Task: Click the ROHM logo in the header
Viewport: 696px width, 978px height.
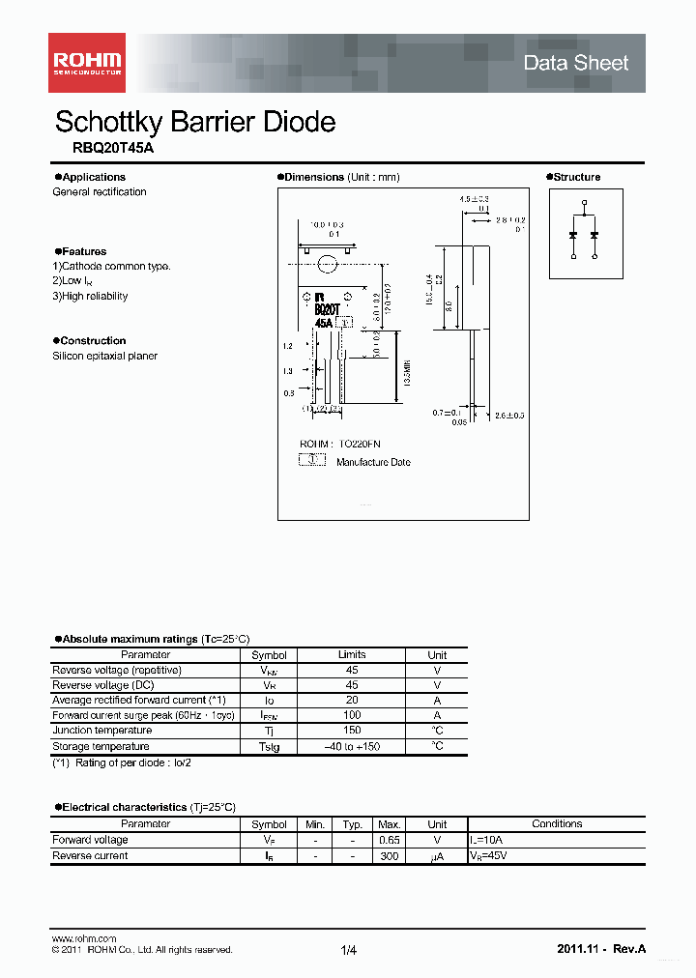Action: [86, 63]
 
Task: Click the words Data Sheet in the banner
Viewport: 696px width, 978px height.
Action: [575, 63]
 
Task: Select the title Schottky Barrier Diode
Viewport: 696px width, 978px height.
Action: [195, 122]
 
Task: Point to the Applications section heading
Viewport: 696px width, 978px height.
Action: [93, 177]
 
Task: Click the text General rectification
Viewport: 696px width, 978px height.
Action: [100, 191]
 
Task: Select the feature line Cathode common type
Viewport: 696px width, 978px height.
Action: [112, 266]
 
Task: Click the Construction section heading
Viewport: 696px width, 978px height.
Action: [93, 340]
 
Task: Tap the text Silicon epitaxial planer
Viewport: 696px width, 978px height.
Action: [104, 356]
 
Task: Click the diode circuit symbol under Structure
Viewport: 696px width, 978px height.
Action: [584, 234]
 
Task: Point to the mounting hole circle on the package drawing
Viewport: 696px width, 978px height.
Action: [327, 263]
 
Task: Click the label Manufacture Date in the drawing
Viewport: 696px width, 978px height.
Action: [373, 462]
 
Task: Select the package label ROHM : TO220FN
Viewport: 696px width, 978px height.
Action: [339, 444]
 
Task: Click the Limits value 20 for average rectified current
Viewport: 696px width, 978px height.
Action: [352, 700]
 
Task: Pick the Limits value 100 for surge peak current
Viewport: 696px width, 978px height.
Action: [352, 715]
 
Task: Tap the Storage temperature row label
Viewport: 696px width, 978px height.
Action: [101, 746]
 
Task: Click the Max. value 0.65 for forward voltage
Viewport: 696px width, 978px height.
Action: [390, 840]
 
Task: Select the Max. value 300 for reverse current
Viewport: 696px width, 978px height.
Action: [390, 855]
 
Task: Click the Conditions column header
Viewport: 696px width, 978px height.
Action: [557, 824]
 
